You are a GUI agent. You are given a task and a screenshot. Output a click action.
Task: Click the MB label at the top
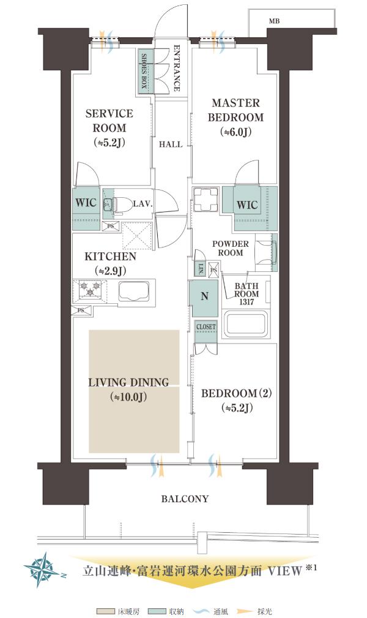coord(275,21)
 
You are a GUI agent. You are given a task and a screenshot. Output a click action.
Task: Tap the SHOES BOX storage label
coord(144,71)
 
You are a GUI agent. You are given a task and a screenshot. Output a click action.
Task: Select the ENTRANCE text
coord(177,68)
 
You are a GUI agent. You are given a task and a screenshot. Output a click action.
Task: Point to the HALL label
coord(171,145)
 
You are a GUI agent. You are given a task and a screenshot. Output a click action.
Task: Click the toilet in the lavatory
coord(118,204)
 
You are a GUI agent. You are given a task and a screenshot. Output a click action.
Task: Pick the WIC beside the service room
coord(86,203)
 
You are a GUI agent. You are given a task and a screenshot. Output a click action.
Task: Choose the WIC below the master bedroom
coord(247,205)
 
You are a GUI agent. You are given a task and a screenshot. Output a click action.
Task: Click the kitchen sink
coord(133,292)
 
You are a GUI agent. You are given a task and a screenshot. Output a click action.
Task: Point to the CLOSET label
coord(206,326)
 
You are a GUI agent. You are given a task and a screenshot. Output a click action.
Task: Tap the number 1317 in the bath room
coord(247,303)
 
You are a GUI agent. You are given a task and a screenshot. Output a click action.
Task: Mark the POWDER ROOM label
coord(231,248)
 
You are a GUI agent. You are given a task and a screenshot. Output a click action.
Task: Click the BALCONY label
coord(185,499)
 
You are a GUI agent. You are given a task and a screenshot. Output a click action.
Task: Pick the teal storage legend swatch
coord(157,611)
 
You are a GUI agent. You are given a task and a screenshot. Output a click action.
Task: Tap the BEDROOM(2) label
coord(236,393)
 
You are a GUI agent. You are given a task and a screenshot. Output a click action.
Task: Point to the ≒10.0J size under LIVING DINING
coord(129,397)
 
